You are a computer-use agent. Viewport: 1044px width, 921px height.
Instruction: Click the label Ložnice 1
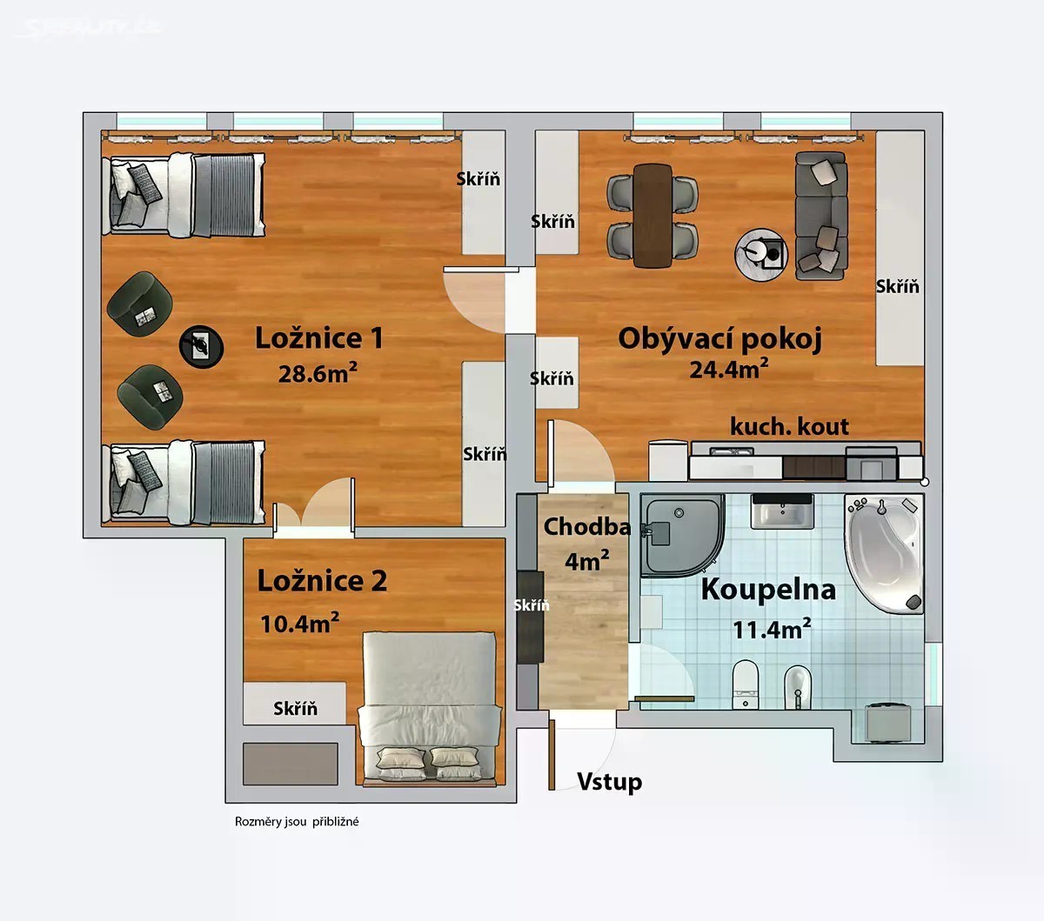point(319,338)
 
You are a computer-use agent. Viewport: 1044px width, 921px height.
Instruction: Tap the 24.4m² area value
point(729,368)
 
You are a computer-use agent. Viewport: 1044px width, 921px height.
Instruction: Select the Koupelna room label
point(768,591)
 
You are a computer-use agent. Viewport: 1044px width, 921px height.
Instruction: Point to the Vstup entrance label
point(610,781)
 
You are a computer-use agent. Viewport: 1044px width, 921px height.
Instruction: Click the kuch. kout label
point(789,426)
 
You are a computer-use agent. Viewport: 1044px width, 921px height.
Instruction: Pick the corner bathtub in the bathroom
point(884,554)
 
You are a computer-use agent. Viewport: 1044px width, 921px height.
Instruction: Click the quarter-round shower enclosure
point(682,535)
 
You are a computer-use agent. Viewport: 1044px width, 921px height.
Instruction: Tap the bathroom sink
point(782,511)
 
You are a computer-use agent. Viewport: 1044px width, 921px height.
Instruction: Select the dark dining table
point(652,216)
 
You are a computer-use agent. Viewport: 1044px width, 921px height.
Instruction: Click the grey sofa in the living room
point(821,216)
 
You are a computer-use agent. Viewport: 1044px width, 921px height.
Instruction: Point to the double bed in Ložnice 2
point(430,709)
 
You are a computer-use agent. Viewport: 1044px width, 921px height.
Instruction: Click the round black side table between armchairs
point(201,347)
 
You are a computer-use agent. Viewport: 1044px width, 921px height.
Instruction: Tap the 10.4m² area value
point(300,624)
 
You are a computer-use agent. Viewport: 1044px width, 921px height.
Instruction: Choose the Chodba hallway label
point(587,526)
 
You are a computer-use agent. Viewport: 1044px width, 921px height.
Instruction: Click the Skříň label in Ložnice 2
point(295,709)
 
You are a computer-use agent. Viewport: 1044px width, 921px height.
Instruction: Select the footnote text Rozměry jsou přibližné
point(297,822)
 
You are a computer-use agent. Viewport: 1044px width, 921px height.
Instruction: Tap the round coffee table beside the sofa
point(761,255)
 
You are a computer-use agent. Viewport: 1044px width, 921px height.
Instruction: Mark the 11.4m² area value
point(772,629)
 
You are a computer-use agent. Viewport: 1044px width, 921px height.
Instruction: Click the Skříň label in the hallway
point(532,605)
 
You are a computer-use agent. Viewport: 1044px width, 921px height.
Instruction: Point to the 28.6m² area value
point(318,373)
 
